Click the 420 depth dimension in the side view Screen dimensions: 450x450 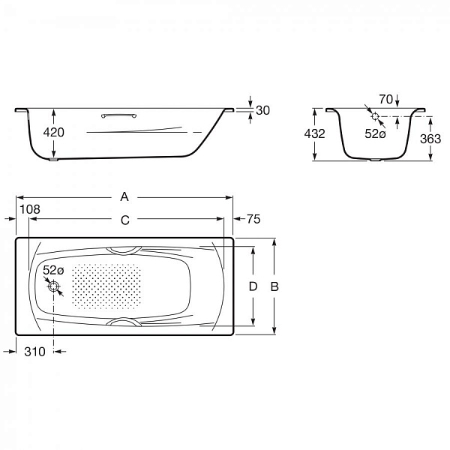pyautogui.click(x=54, y=132)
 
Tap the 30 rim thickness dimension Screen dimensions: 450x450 pyautogui.click(x=262, y=110)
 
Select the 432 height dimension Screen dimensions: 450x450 pyautogui.click(x=314, y=133)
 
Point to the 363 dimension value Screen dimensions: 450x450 pyautogui.click(x=430, y=139)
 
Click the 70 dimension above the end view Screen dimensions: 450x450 pyautogui.click(x=386, y=100)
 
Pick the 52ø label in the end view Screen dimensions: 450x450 pyautogui.click(x=375, y=133)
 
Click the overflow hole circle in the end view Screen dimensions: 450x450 pyautogui.click(x=375, y=116)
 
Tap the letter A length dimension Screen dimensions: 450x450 pyautogui.click(x=124, y=196)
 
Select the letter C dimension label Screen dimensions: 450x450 pyautogui.click(x=125, y=220)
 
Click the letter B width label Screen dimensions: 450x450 pyautogui.click(x=274, y=286)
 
